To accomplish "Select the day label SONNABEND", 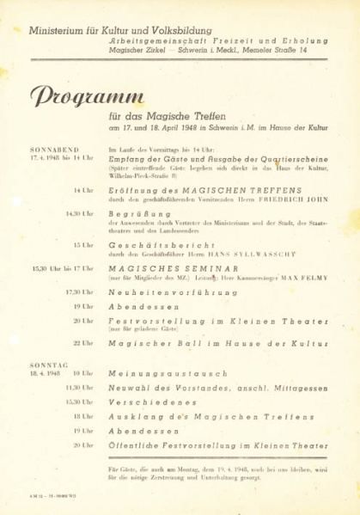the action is pos(54,149).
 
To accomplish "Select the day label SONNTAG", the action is pos(48,365).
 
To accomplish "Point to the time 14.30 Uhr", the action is pos(80,212).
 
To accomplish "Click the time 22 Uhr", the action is pos(83,343).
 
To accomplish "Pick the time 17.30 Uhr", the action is pos(80,292).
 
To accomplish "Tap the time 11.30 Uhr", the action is pos(80,388).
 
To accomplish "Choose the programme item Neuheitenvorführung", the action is pos(173,292).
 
